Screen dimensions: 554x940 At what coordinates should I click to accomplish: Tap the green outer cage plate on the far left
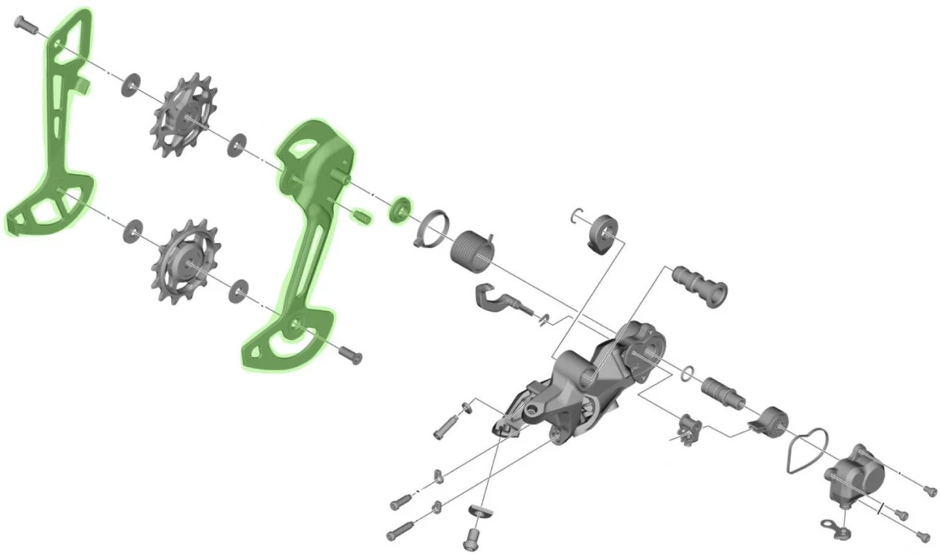click(55, 147)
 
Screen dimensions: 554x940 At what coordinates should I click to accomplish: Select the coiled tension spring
click(473, 251)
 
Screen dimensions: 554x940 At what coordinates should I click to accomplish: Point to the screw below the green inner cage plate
click(351, 356)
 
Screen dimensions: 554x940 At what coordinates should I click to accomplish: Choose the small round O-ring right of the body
click(687, 373)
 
